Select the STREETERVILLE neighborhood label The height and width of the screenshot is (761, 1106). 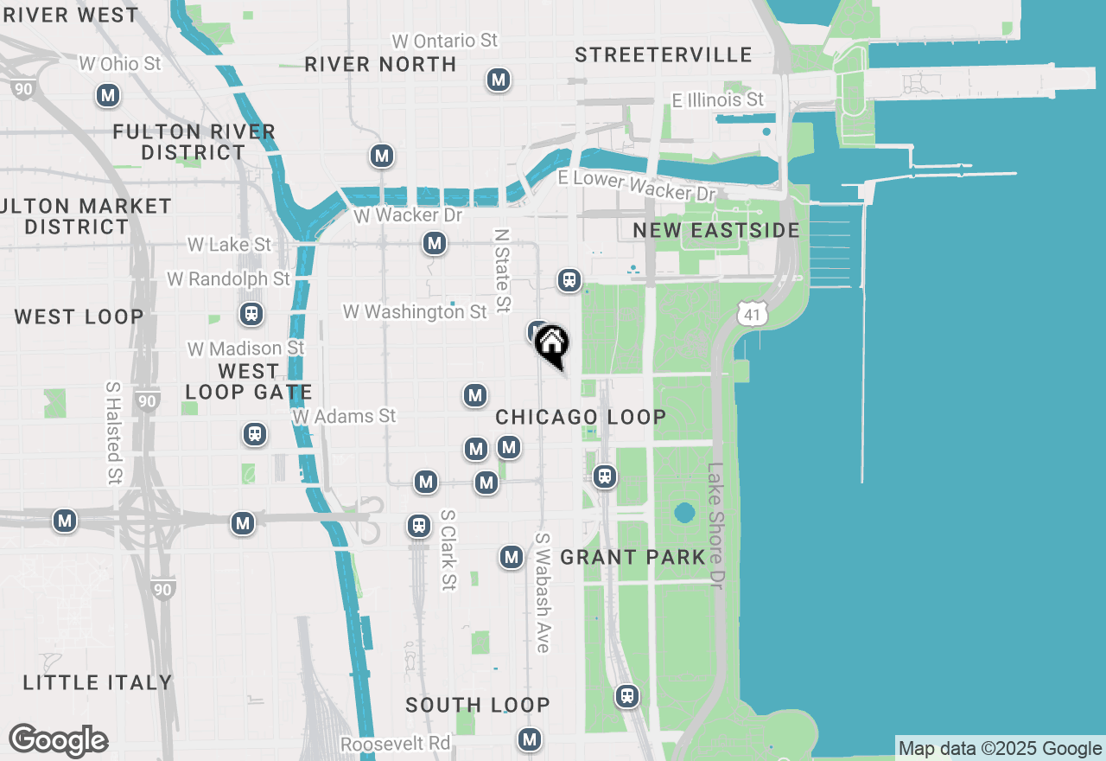coord(664,54)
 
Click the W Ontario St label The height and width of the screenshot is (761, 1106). coord(445,41)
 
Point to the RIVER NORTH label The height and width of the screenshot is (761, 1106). coord(380,64)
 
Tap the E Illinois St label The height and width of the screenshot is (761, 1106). coord(718,100)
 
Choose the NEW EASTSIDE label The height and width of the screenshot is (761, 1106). coord(716,230)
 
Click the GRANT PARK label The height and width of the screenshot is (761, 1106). coord(633,557)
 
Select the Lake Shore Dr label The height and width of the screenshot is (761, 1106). coord(715,525)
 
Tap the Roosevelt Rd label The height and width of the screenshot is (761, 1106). coord(395,744)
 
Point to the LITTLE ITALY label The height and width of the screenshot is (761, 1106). coord(98,682)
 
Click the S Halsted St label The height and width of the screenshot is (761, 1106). coord(114,432)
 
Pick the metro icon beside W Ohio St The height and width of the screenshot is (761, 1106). coord(108,95)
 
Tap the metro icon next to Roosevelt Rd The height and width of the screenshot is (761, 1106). coord(530,739)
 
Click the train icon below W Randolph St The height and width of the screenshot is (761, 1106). coord(251,314)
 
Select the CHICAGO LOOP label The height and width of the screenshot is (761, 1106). coord(581,417)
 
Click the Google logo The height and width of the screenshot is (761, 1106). coord(58,740)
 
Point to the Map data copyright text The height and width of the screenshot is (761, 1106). coord(1000,749)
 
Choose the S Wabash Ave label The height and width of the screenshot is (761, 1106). coord(542,592)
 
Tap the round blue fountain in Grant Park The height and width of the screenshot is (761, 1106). coord(684,513)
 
